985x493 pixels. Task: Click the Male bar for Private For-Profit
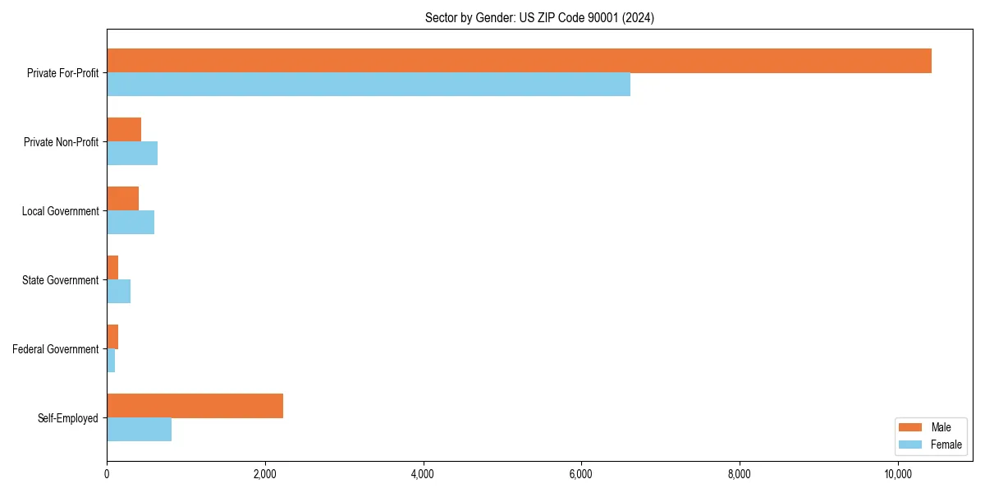pos(519,61)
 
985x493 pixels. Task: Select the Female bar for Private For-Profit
pos(369,84)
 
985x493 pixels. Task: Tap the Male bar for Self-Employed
pos(195,406)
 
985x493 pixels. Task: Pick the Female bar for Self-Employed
pos(139,429)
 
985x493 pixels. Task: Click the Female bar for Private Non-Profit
pos(132,153)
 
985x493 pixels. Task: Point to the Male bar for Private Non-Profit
pos(124,130)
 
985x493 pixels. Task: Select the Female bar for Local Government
pos(131,222)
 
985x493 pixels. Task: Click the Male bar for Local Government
pos(122,199)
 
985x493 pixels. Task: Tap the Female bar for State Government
pos(118,291)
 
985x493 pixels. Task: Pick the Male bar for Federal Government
pos(112,337)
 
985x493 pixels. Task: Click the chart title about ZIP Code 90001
pos(539,17)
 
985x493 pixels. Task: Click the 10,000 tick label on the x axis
pos(897,474)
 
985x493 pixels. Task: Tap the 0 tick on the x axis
pos(107,474)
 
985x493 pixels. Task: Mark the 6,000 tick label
pos(581,474)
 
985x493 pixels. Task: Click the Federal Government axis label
pos(56,349)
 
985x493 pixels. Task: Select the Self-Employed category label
pos(68,418)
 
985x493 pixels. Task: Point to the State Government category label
pos(61,280)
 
